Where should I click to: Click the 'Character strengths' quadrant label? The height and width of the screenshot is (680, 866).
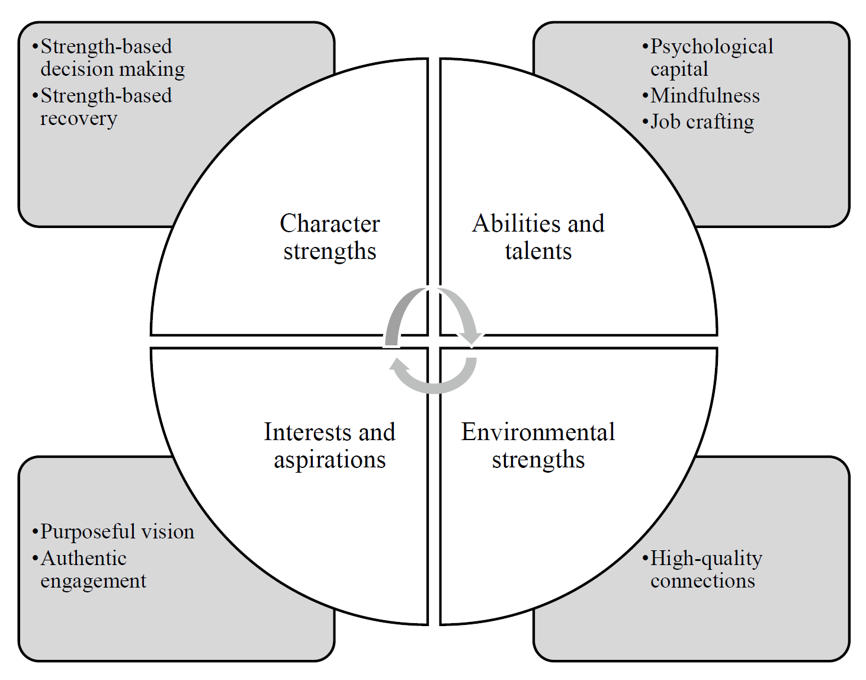(329, 237)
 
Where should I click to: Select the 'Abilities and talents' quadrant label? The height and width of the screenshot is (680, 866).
(538, 237)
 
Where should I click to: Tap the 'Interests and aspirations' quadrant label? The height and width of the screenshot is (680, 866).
(329, 445)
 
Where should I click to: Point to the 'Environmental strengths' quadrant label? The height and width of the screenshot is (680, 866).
(538, 445)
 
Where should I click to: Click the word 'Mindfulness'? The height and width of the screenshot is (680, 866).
(705, 95)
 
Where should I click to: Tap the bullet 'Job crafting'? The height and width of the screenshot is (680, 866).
(702, 121)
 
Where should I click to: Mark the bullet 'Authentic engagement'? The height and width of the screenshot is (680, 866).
(92, 569)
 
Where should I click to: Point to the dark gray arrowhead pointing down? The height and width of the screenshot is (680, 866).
(472, 338)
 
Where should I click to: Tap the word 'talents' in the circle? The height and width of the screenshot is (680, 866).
(538, 251)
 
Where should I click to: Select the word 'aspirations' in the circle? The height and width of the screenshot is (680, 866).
(329, 460)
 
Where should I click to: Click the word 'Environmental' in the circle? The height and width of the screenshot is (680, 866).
(538, 432)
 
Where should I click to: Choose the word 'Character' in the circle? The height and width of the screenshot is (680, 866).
(329, 223)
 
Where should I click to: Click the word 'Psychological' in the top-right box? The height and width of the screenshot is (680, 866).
(711, 46)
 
